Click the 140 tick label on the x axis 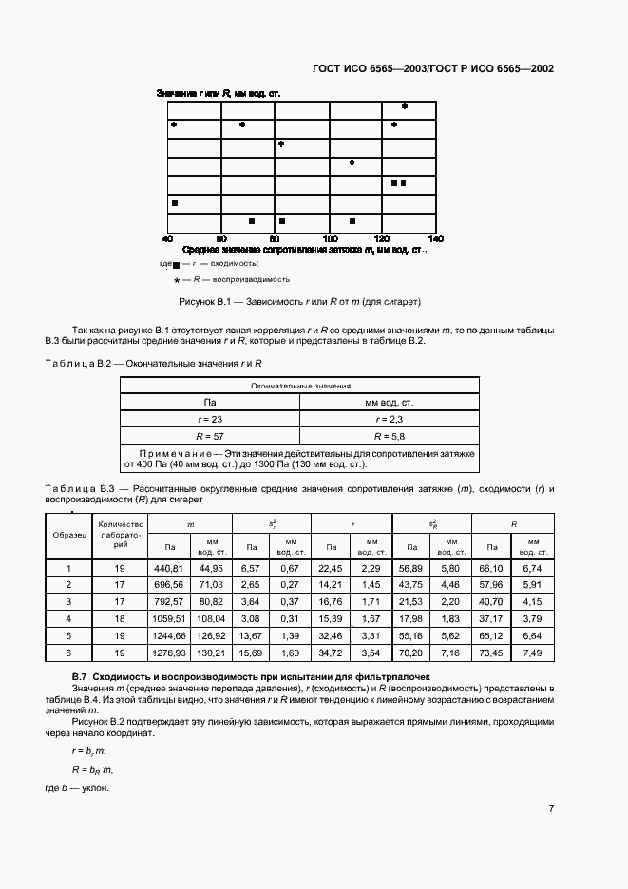tap(436, 237)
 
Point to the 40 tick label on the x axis tap(168, 237)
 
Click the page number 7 tap(551, 808)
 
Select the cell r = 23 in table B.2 tap(210, 419)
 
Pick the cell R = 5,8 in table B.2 tap(390, 435)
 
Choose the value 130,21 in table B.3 tap(210, 653)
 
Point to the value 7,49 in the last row tap(531, 653)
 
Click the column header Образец tap(67, 534)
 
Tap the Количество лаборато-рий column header tap(120, 534)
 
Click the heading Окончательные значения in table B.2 tap(300, 386)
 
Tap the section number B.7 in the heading tap(80, 675)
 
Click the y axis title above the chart tap(217, 93)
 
